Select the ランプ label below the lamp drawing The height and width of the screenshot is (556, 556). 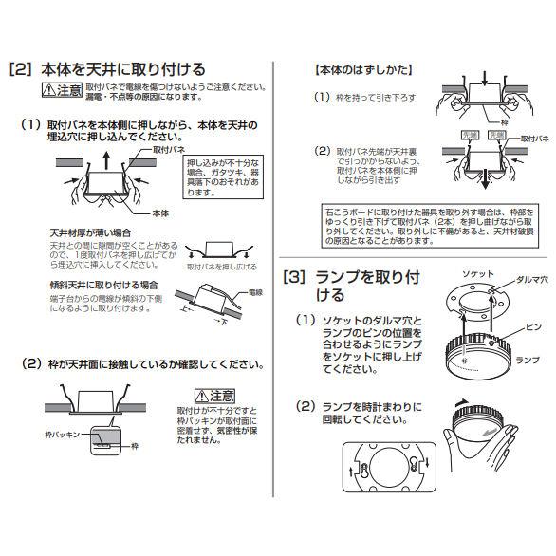(526, 361)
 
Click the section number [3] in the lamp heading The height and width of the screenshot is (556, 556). (295, 277)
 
